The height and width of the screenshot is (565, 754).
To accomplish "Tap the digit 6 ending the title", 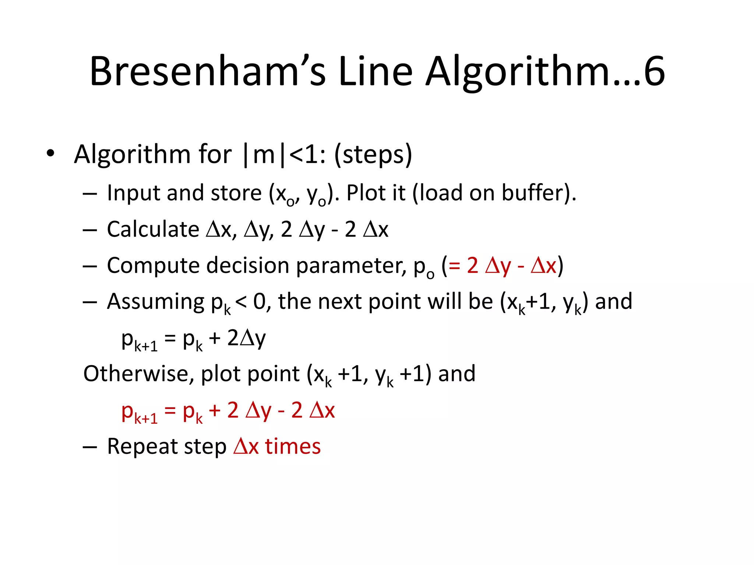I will [654, 72].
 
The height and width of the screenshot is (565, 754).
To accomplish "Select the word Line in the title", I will [376, 72].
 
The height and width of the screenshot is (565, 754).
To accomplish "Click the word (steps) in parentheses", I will [373, 154].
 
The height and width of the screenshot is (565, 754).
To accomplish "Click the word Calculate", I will [153, 229].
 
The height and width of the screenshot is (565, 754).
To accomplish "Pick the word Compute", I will [153, 266].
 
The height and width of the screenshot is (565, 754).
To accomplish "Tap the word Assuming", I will [155, 302].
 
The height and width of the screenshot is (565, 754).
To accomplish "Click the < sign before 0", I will [241, 302].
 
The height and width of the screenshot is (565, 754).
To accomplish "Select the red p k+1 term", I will [139, 412].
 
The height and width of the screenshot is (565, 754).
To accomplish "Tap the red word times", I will [293, 447].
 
